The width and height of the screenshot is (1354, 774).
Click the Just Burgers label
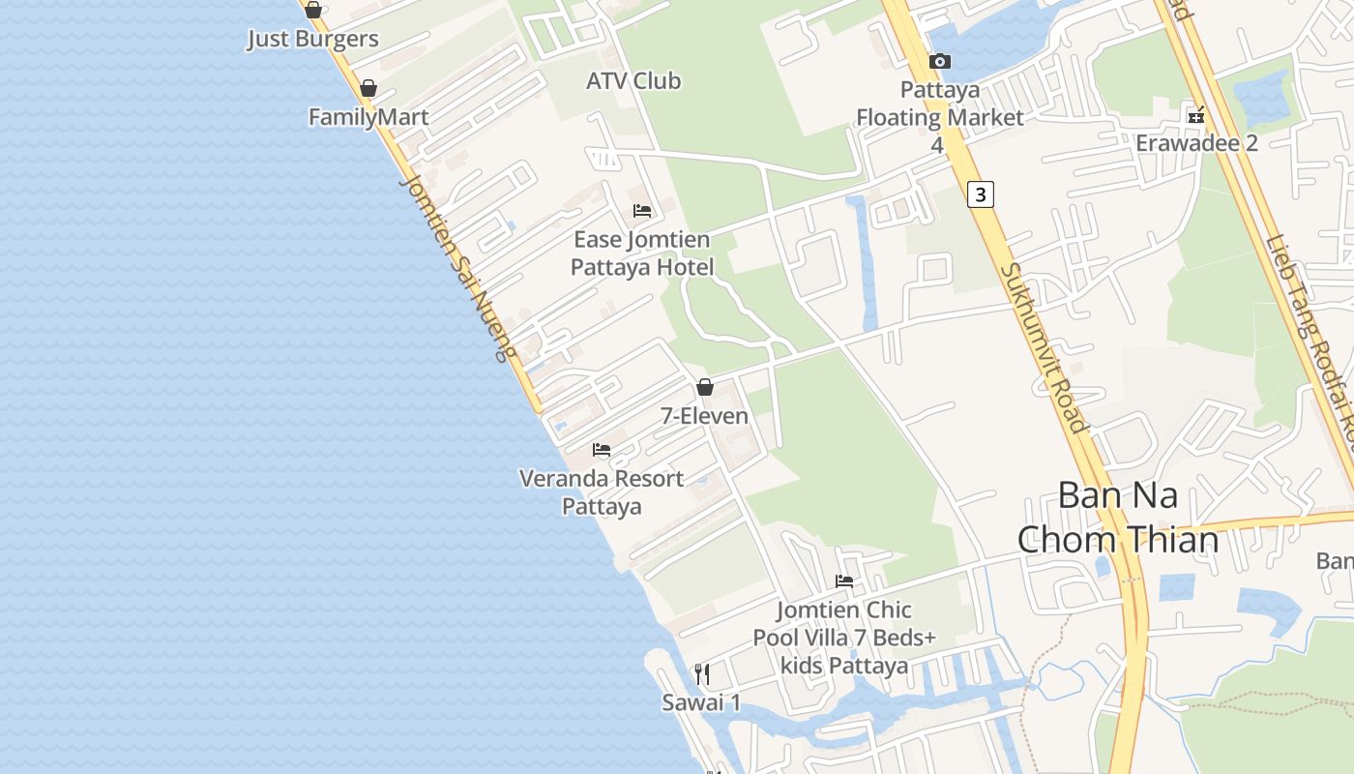312,40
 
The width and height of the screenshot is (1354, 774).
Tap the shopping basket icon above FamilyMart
368,89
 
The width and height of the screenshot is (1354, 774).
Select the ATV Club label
633,81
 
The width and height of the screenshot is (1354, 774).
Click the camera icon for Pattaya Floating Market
939,62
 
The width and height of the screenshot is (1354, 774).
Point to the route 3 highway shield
981,194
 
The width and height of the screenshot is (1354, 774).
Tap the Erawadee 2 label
1196,143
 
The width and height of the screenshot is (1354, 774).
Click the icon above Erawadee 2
1196,115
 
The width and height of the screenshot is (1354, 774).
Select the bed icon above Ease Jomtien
642,211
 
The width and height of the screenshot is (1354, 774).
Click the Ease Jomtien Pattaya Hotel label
641,253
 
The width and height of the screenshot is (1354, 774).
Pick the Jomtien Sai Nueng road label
457,267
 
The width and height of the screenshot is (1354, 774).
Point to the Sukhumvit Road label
1045,347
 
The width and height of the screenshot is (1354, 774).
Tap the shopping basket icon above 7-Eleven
705,388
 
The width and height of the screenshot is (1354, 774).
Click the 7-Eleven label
704,416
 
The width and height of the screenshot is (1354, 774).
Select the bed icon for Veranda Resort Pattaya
602,450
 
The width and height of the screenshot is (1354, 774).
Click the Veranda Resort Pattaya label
602,491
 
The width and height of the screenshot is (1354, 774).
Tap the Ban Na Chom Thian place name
1117,518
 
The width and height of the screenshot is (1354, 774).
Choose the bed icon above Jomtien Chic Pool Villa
844,581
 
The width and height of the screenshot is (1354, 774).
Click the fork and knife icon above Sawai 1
702,673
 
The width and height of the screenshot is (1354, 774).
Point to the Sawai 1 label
701,702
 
